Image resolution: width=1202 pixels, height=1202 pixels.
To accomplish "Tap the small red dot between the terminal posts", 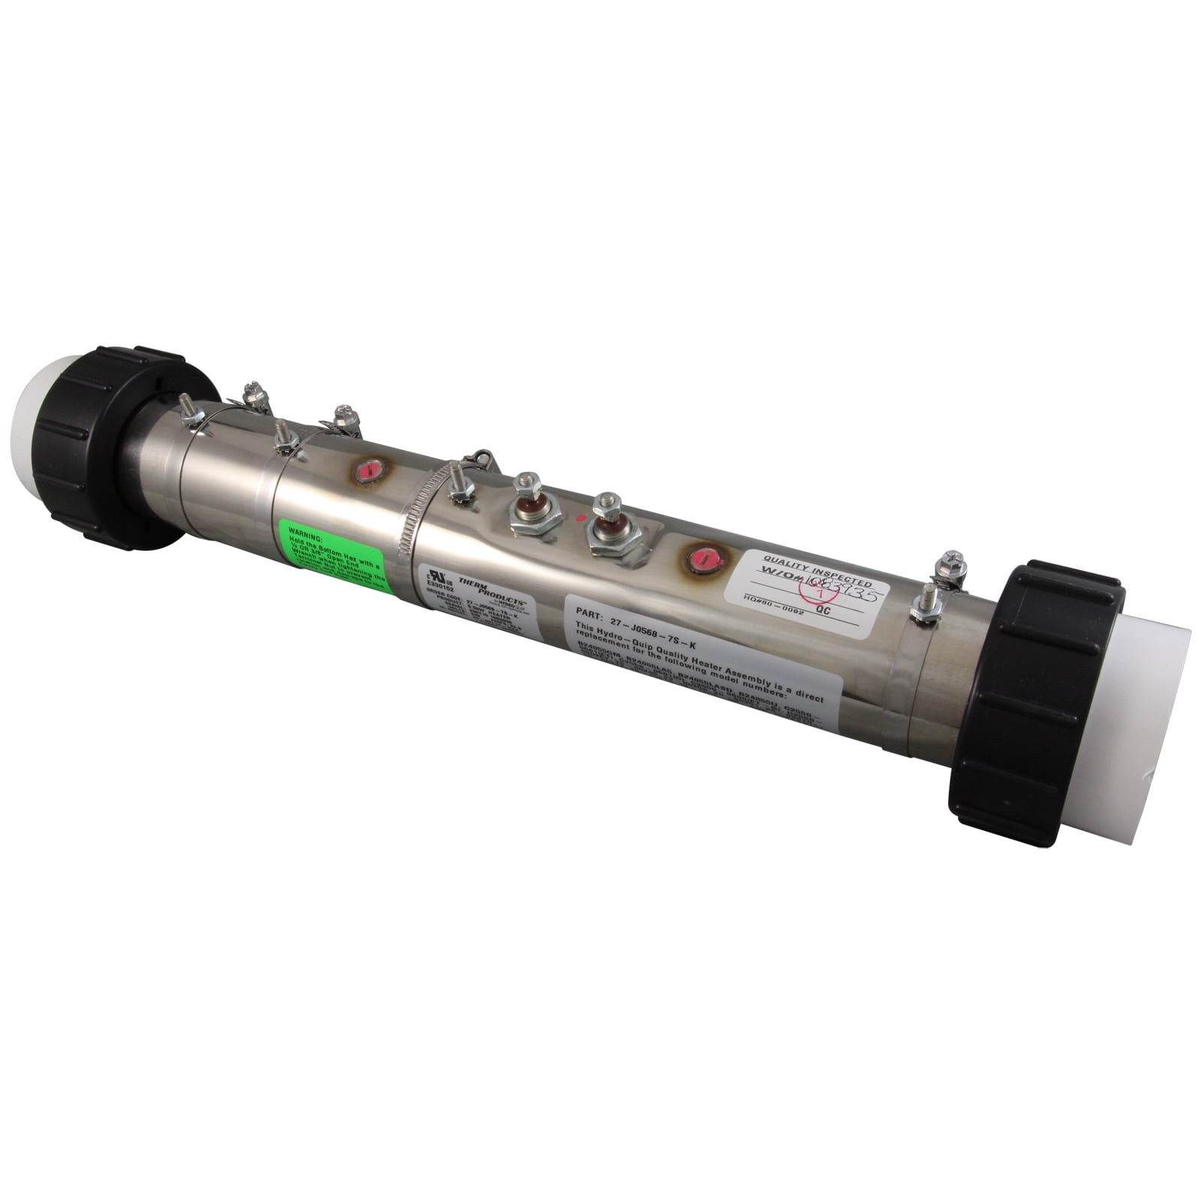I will pos(579,518).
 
